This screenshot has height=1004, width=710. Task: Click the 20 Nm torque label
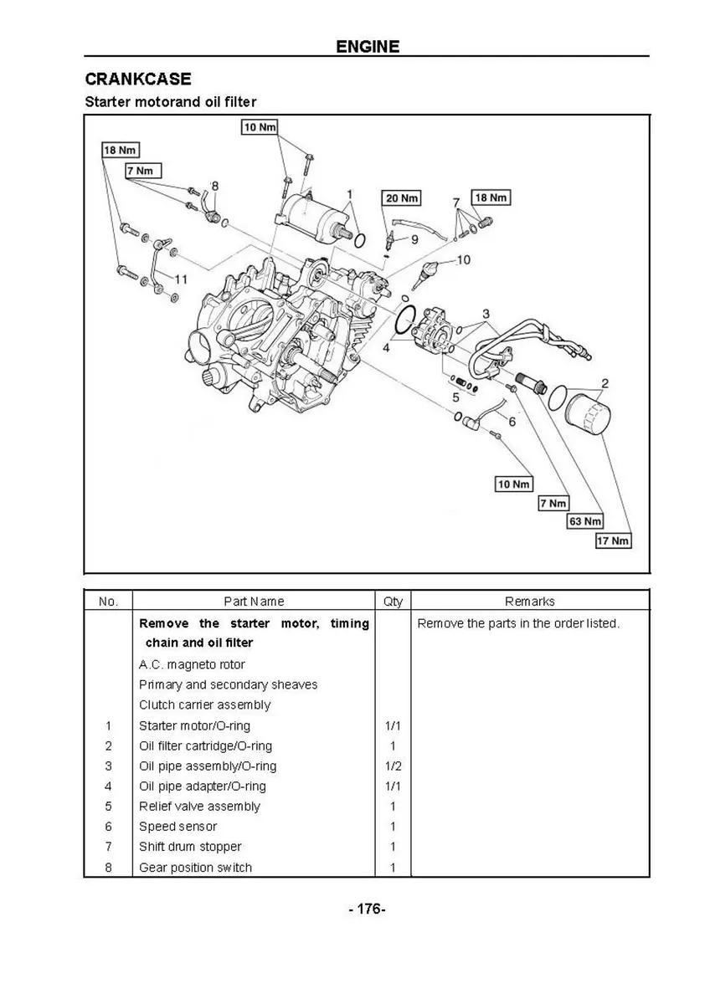click(402, 198)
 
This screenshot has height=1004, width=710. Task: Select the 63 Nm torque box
click(585, 521)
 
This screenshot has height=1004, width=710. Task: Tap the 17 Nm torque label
click(613, 540)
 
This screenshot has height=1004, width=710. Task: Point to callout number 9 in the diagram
click(414, 240)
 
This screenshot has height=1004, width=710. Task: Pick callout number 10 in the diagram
click(463, 259)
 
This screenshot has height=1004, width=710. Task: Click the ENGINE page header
click(368, 46)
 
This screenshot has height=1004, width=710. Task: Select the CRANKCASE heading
click(138, 79)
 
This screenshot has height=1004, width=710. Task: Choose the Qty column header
click(393, 601)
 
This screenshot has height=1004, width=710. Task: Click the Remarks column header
click(529, 601)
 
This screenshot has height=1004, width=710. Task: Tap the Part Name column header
click(254, 601)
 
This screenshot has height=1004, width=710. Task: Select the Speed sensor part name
click(177, 827)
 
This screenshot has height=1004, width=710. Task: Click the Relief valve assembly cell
click(199, 807)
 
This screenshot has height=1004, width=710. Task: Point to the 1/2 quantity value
click(393, 766)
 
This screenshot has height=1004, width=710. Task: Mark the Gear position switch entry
click(195, 868)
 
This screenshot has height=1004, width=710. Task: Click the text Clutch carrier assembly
click(204, 704)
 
